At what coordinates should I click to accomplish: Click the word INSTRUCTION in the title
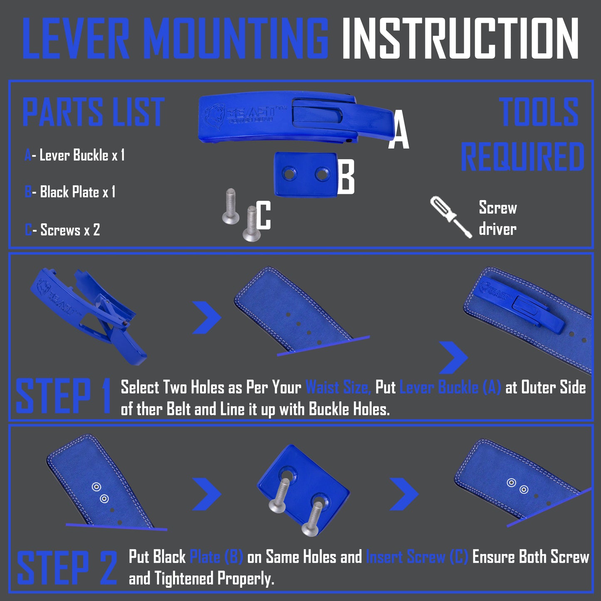coord(460,39)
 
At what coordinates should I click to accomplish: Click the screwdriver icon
coord(450,217)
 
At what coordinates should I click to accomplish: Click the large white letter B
coord(346,177)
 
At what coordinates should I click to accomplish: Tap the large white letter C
coord(263,215)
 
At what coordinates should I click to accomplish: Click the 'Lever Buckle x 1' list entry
coord(75,156)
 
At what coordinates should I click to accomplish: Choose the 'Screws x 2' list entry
coord(62,230)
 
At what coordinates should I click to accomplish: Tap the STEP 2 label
coord(67,568)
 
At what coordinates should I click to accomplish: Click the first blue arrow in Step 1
coord(207,318)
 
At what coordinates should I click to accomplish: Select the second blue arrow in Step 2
coord(404,494)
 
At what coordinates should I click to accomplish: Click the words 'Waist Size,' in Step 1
coord(338,388)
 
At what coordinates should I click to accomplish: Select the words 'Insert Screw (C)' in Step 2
coord(417,557)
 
